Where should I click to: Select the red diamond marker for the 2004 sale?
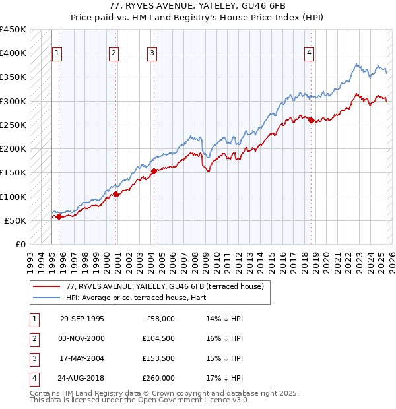(x=154, y=171)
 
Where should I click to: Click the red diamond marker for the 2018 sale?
(x=311, y=120)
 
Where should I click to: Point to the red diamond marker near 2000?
(x=115, y=194)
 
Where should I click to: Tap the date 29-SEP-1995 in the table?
(x=82, y=319)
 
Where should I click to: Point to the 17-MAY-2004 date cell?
(x=82, y=358)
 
